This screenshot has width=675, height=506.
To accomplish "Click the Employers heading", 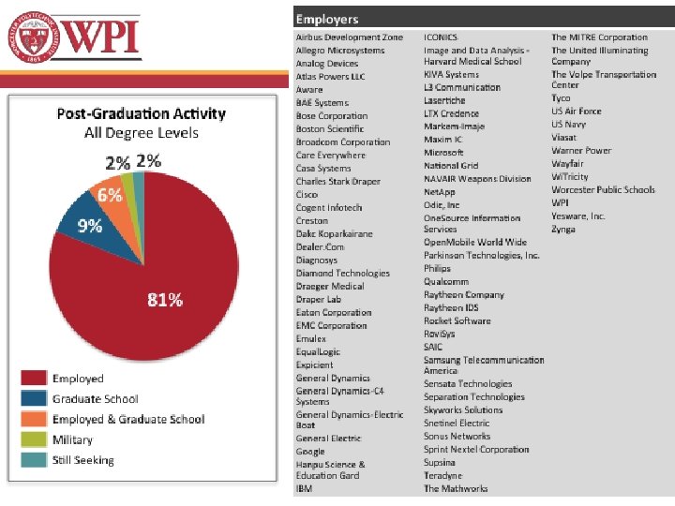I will (x=327, y=19).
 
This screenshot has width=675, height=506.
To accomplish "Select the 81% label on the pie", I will (x=165, y=300).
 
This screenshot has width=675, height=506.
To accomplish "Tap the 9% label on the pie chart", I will (x=90, y=225).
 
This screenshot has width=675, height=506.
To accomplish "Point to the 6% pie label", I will (x=111, y=196).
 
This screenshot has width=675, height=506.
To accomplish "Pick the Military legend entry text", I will (x=72, y=439).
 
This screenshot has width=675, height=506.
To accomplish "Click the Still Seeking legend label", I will (x=82, y=460).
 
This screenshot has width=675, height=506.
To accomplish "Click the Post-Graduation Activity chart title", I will (x=142, y=113).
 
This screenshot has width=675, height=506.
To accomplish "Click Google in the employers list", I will (x=310, y=452).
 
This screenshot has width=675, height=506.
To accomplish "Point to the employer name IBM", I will (x=304, y=488).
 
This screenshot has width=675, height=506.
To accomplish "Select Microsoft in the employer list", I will (x=443, y=152).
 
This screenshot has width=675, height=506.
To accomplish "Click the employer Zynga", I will (x=564, y=229).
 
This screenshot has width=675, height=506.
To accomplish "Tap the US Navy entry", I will (x=568, y=124).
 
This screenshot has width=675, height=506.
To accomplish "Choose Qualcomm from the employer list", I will (x=445, y=281).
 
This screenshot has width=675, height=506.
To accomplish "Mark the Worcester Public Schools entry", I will (x=603, y=189).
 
